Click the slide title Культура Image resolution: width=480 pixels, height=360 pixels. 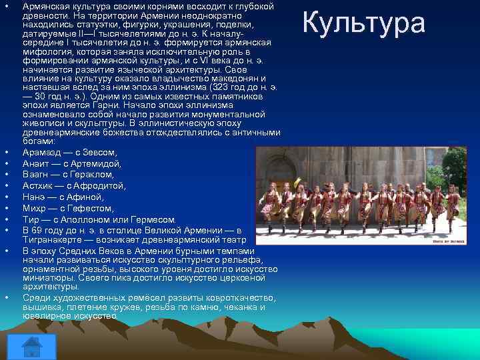[364, 22]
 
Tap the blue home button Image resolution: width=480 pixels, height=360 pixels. [29, 347]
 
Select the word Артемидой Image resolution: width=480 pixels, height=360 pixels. [97, 163]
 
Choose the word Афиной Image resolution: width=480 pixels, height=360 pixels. [84, 197]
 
